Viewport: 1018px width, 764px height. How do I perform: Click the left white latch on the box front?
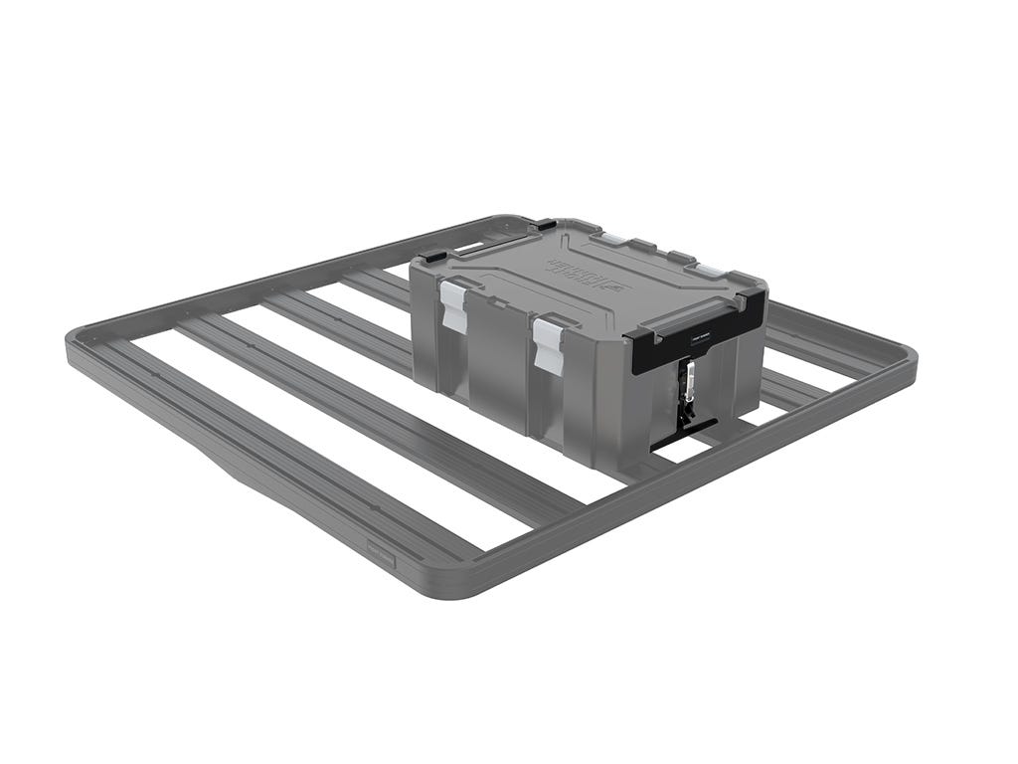(x=454, y=305)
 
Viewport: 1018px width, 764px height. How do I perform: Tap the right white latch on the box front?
(x=548, y=344)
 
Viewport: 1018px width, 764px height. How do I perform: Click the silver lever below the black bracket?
(x=686, y=382)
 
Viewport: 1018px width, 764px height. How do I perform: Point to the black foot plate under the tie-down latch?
(x=684, y=432)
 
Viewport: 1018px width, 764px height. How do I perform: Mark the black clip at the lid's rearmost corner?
(x=544, y=225)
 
